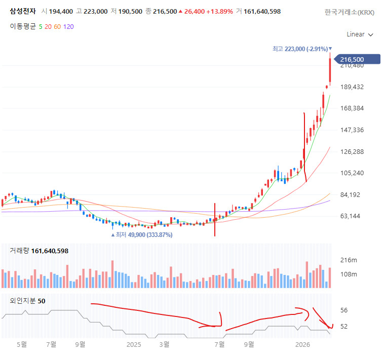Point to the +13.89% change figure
[221, 11]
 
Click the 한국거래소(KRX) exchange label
[350, 12]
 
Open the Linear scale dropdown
[360, 34]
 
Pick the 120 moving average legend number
[68, 26]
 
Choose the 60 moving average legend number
[57, 26]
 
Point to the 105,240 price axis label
[352, 173]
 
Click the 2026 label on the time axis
[302, 345]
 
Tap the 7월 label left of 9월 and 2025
[51, 345]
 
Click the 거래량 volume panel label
[19, 251]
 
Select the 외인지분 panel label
[23, 301]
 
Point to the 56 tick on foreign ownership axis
[343, 310]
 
